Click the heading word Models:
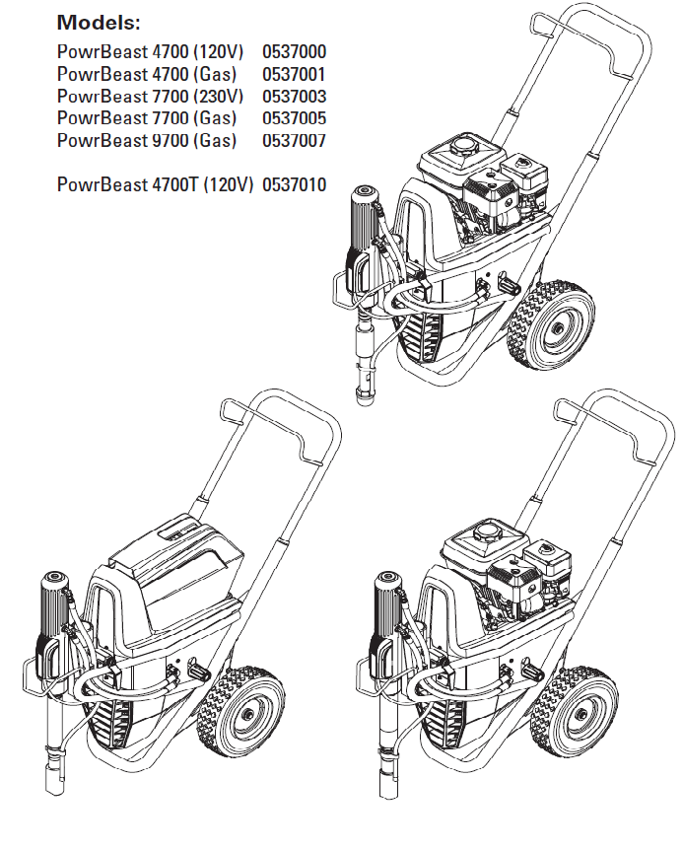tap(99, 21)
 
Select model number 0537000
tap(294, 51)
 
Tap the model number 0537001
tap(294, 74)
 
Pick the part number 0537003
tap(294, 97)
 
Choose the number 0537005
tap(294, 118)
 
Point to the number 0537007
tap(294, 140)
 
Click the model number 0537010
tap(294, 184)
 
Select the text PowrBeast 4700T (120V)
tap(156, 184)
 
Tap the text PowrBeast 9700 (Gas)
tap(147, 140)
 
